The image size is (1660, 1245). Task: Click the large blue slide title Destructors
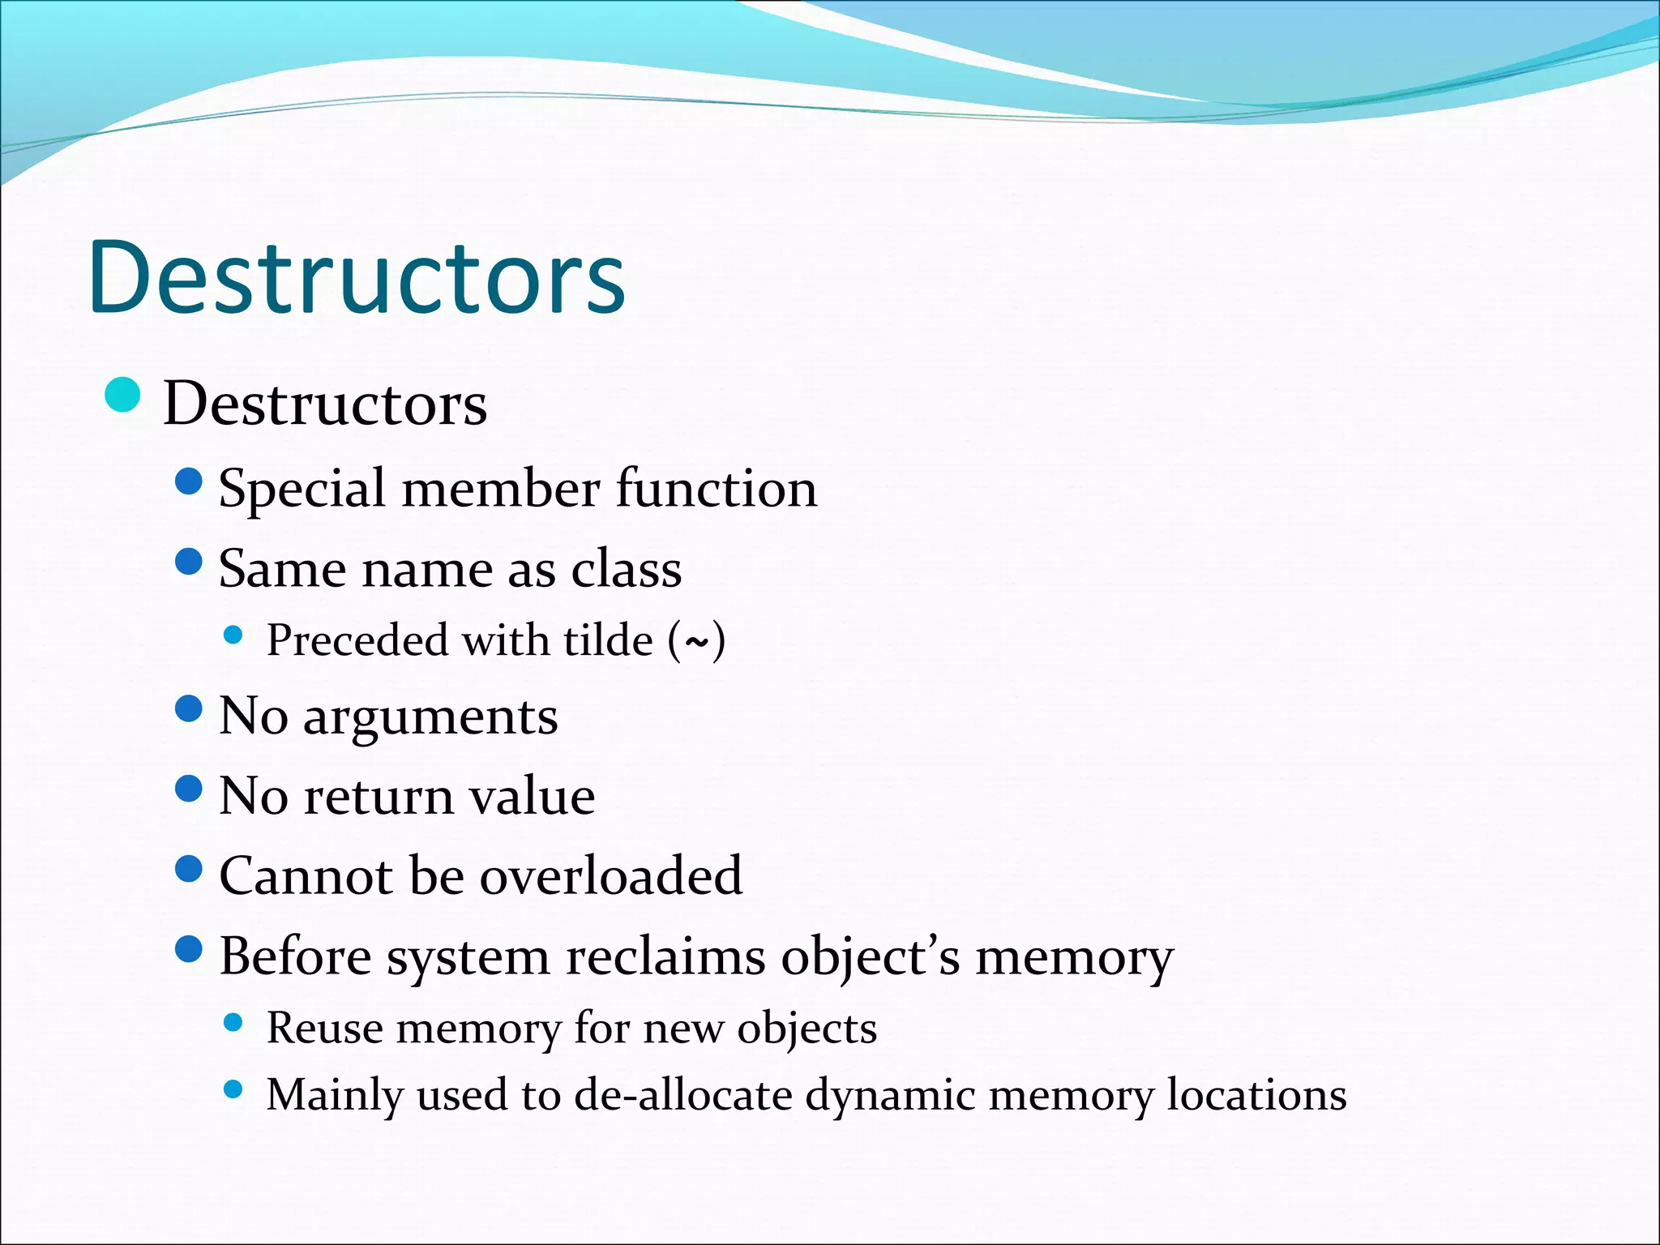(x=357, y=277)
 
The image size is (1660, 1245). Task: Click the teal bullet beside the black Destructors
(x=123, y=396)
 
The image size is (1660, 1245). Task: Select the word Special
(x=302, y=490)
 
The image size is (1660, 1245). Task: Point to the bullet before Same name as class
(x=188, y=561)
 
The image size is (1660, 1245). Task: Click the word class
(x=627, y=569)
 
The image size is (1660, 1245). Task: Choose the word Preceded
(x=357, y=640)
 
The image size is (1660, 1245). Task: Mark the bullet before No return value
(x=188, y=788)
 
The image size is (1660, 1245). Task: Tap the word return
(x=379, y=796)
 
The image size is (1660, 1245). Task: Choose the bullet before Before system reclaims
(x=188, y=948)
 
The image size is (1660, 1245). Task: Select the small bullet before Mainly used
(x=233, y=1089)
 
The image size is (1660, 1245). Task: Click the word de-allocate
(x=683, y=1095)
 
